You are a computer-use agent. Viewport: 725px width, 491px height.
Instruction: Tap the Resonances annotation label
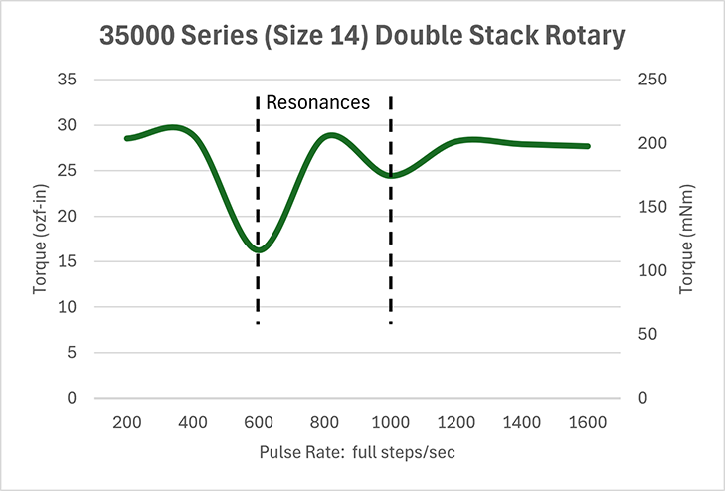pyautogui.click(x=318, y=102)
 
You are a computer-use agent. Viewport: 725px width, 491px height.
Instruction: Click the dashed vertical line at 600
pyautogui.click(x=259, y=288)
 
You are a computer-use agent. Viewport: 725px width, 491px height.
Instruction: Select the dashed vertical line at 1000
pyautogui.click(x=391, y=288)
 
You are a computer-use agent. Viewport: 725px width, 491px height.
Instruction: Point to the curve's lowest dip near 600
pyautogui.click(x=259, y=248)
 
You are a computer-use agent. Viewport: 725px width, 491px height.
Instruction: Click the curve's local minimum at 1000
pyautogui.click(x=391, y=176)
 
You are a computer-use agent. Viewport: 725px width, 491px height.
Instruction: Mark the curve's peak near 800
pyautogui.click(x=330, y=135)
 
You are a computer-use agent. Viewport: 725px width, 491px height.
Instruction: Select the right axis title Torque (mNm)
pyautogui.click(x=685, y=238)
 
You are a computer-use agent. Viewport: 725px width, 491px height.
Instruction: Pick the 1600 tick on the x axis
pyautogui.click(x=588, y=421)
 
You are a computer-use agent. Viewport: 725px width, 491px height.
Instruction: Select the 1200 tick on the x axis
pyautogui.click(x=456, y=421)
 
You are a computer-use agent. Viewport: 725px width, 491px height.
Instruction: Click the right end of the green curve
pyautogui.click(x=588, y=146)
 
